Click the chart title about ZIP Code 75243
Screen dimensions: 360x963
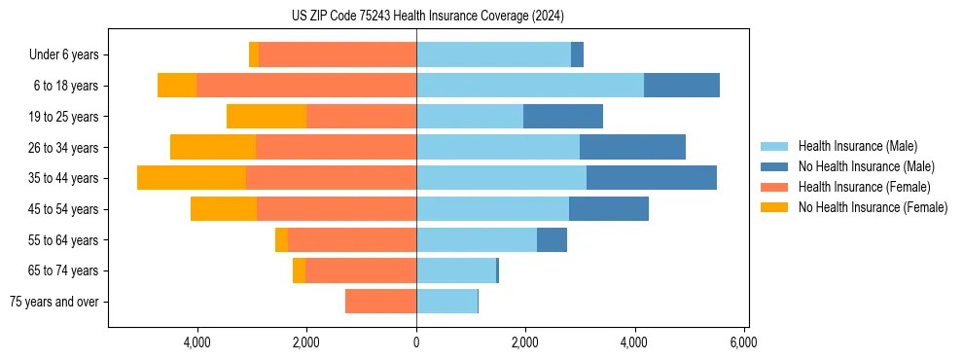click(x=427, y=17)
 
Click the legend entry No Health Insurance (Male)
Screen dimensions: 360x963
click(x=866, y=166)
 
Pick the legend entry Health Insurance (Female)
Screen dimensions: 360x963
click(x=865, y=187)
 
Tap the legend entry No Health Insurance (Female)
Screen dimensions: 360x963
click(x=873, y=207)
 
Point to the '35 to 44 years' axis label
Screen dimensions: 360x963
click(x=64, y=178)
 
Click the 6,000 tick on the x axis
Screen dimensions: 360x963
click(x=744, y=342)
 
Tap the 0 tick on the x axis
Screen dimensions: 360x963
click(x=416, y=342)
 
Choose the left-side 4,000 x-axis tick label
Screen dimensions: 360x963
click(x=197, y=342)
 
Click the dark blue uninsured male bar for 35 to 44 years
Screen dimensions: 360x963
click(x=651, y=178)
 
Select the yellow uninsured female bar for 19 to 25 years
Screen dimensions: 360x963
click(x=267, y=117)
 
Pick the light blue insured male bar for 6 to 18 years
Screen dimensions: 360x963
click(x=530, y=86)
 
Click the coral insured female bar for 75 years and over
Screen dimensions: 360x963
click(x=380, y=302)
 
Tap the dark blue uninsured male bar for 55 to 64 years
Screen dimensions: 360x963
click(x=552, y=239)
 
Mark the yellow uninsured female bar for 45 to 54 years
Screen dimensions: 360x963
click(x=224, y=209)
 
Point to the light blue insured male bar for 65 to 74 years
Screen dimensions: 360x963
click(x=456, y=270)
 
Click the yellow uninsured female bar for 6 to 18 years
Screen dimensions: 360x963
click(x=177, y=86)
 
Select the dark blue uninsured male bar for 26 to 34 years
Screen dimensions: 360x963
click(x=632, y=147)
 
